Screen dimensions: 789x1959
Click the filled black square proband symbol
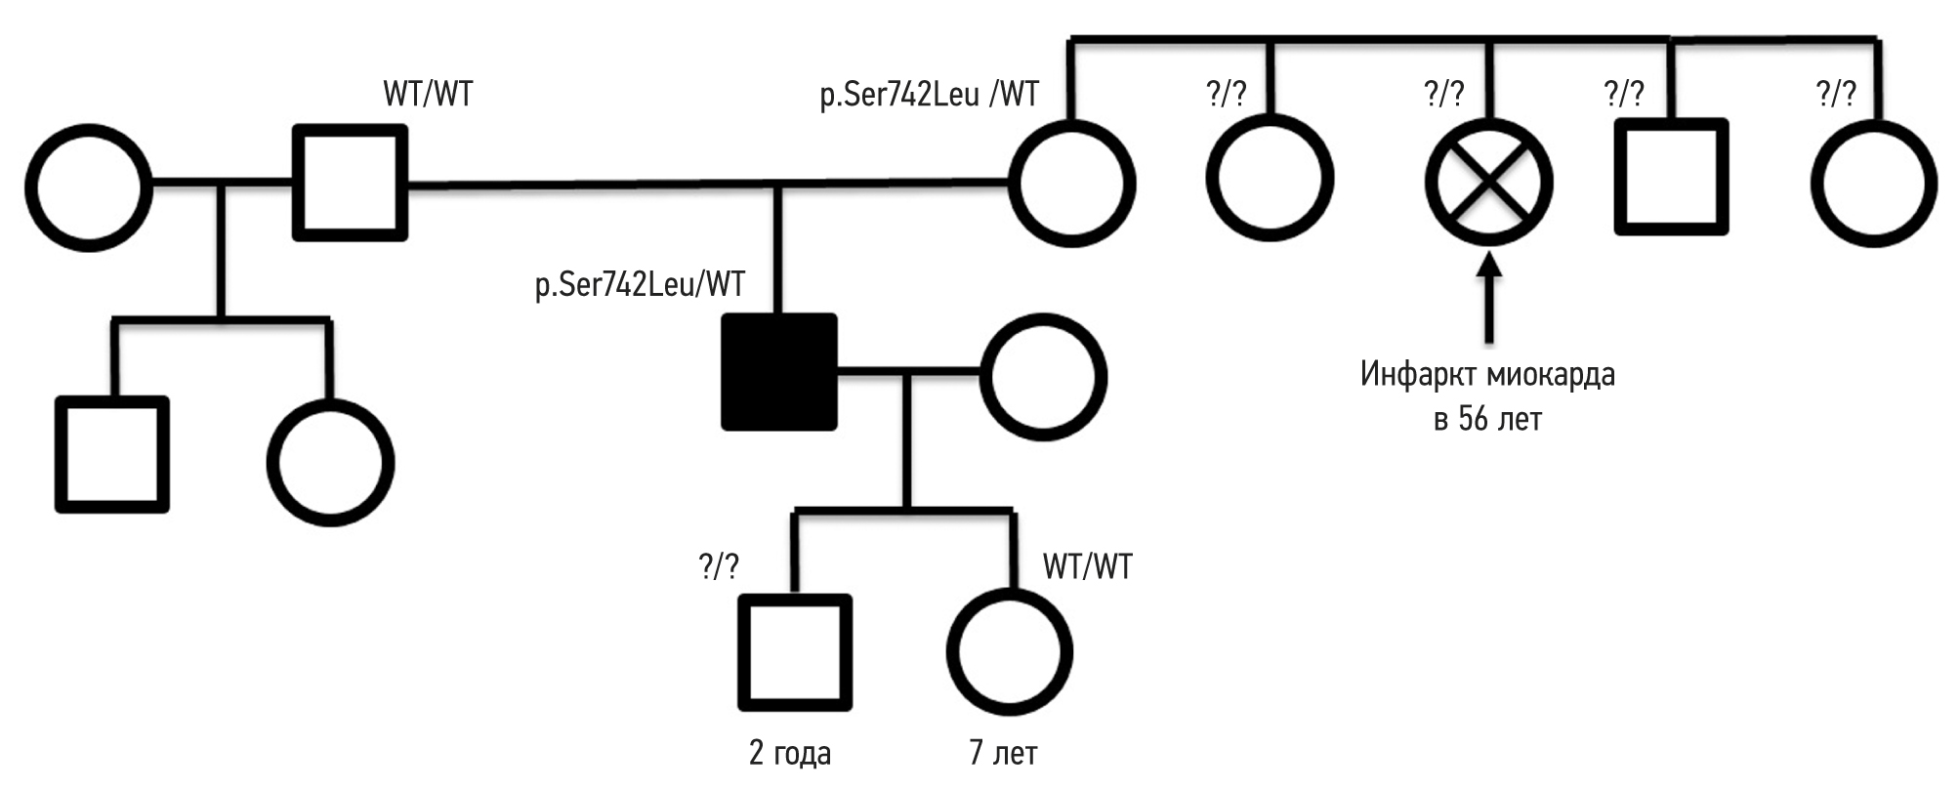(778, 372)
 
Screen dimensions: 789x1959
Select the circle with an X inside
(1487, 182)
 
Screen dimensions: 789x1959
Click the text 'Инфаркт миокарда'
(1487, 375)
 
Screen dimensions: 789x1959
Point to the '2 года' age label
(790, 754)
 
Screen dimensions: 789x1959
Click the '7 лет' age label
(1003, 754)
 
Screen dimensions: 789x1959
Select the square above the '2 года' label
(794, 652)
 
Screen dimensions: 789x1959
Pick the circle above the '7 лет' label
(1009, 651)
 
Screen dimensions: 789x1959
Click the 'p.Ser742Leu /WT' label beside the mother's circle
(929, 95)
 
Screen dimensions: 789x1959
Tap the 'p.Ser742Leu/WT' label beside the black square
(640, 284)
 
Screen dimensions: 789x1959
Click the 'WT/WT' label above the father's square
(428, 95)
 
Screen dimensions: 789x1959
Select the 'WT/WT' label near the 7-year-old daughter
(1087, 566)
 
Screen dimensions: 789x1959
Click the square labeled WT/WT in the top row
(351, 183)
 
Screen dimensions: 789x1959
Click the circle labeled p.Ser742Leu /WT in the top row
(1072, 183)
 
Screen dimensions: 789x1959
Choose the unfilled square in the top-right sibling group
(1671, 178)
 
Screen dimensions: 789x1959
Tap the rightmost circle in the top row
(1873, 183)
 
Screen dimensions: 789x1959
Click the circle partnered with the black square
(1043, 377)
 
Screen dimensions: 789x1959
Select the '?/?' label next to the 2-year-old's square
(719, 566)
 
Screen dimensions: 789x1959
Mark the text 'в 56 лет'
(1487, 420)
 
